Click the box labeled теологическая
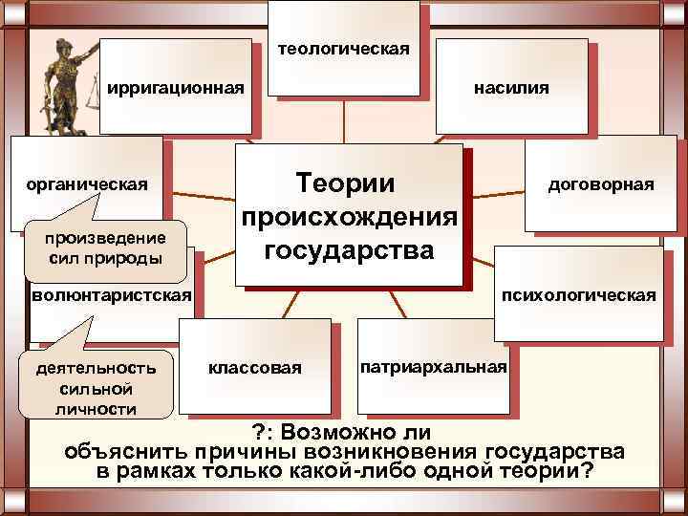[344, 48]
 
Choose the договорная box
[600, 183]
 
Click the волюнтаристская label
[111, 294]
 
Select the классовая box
[256, 367]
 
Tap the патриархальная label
[434, 367]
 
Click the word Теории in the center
[352, 182]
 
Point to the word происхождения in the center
[350, 217]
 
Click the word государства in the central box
[350, 250]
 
